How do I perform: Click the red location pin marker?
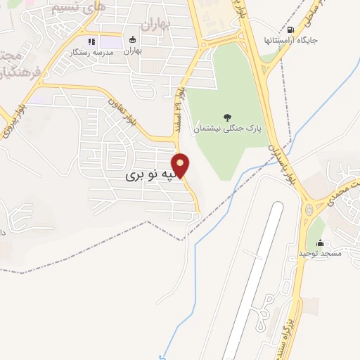[181, 166]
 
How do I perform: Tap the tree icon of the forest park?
[226, 117]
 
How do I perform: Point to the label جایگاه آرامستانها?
[289, 39]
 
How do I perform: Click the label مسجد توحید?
[320, 252]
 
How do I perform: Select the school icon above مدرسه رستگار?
[91, 41]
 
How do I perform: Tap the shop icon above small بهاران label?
[133, 40]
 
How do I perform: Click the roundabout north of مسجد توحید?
[309, 210]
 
